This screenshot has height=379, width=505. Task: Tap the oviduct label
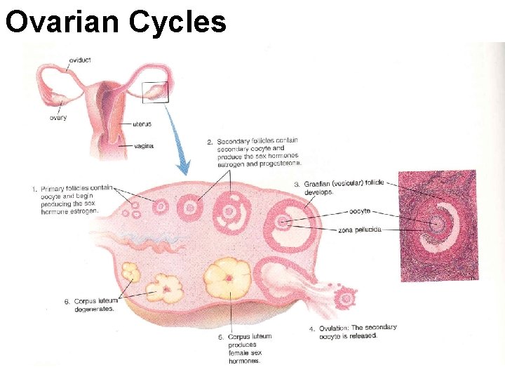pyautogui.click(x=79, y=60)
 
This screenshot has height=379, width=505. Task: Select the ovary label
pyautogui.click(x=58, y=117)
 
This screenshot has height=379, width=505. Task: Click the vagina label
pyautogui.click(x=143, y=146)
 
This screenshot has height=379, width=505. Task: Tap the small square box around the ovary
pyautogui.click(x=155, y=92)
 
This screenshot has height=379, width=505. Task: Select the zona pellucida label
pyautogui.click(x=359, y=230)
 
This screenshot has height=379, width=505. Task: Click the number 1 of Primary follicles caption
pyautogui.click(x=34, y=189)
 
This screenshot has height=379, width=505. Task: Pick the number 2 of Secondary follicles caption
pyautogui.click(x=210, y=142)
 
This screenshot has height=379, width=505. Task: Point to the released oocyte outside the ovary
pyautogui.click(x=345, y=298)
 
